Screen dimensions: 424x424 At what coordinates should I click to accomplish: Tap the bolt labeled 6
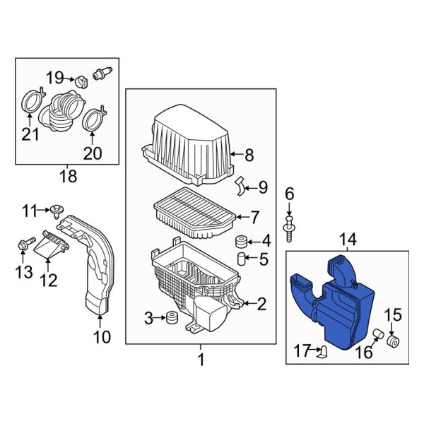pyautogui.click(x=289, y=224)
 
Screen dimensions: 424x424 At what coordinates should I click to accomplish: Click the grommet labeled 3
pyautogui.click(x=169, y=319)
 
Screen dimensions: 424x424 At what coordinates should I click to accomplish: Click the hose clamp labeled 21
pyautogui.click(x=30, y=102)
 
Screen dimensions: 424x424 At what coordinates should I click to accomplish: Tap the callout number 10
pyautogui.click(x=102, y=337)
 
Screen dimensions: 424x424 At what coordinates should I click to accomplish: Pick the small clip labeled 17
pyautogui.click(x=324, y=351)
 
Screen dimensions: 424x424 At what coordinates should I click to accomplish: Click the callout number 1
pyautogui.click(x=200, y=360)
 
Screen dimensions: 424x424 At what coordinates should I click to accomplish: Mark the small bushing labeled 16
pyautogui.click(x=378, y=334)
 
